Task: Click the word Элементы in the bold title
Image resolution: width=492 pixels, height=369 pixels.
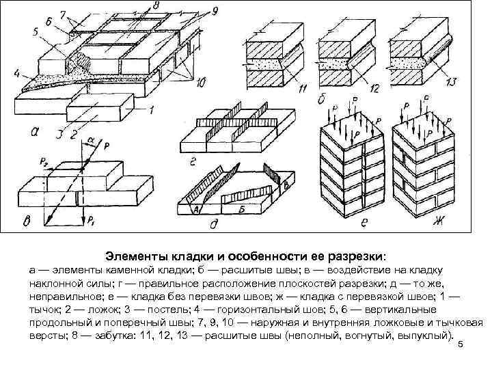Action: [x=133, y=256]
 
